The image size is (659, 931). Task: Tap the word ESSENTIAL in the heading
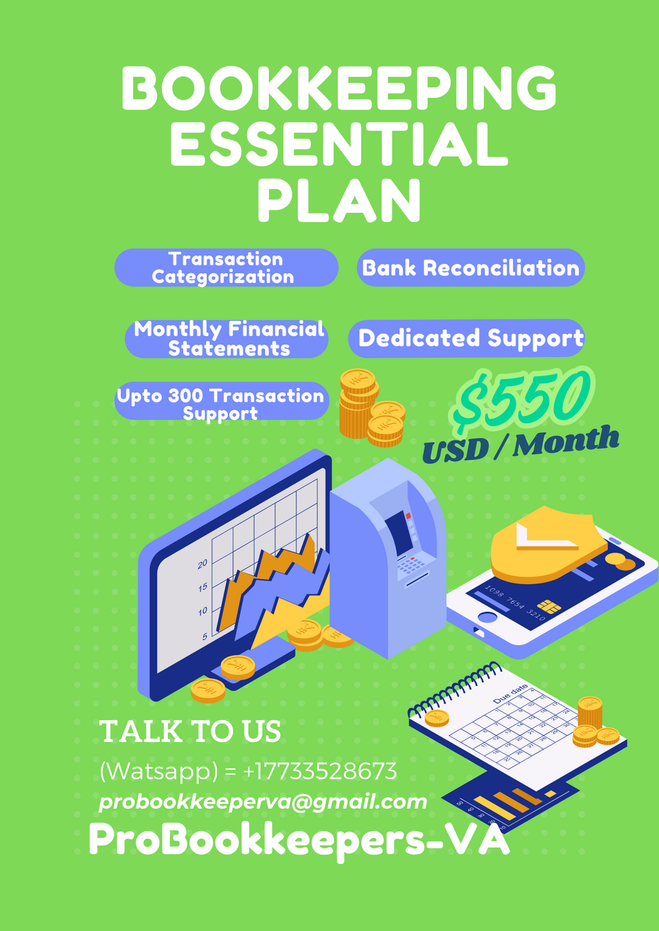pyautogui.click(x=338, y=145)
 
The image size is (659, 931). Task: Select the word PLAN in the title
pyautogui.click(x=338, y=201)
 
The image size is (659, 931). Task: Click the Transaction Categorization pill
pyautogui.click(x=226, y=268)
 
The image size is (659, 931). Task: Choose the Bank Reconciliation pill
pyautogui.click(x=470, y=268)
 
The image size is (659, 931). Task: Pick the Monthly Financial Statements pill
pyautogui.click(x=228, y=339)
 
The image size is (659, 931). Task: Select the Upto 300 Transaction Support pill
pyautogui.click(x=221, y=401)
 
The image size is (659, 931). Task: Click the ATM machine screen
pyautogui.click(x=398, y=533)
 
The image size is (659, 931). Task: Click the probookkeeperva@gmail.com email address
pyautogui.click(x=263, y=801)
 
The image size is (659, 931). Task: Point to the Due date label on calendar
pyautogui.click(x=510, y=693)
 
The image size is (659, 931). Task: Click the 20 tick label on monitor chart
pyautogui.click(x=203, y=563)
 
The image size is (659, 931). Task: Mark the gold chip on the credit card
pyautogui.click(x=548, y=606)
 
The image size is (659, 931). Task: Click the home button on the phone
pyautogui.click(x=487, y=617)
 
